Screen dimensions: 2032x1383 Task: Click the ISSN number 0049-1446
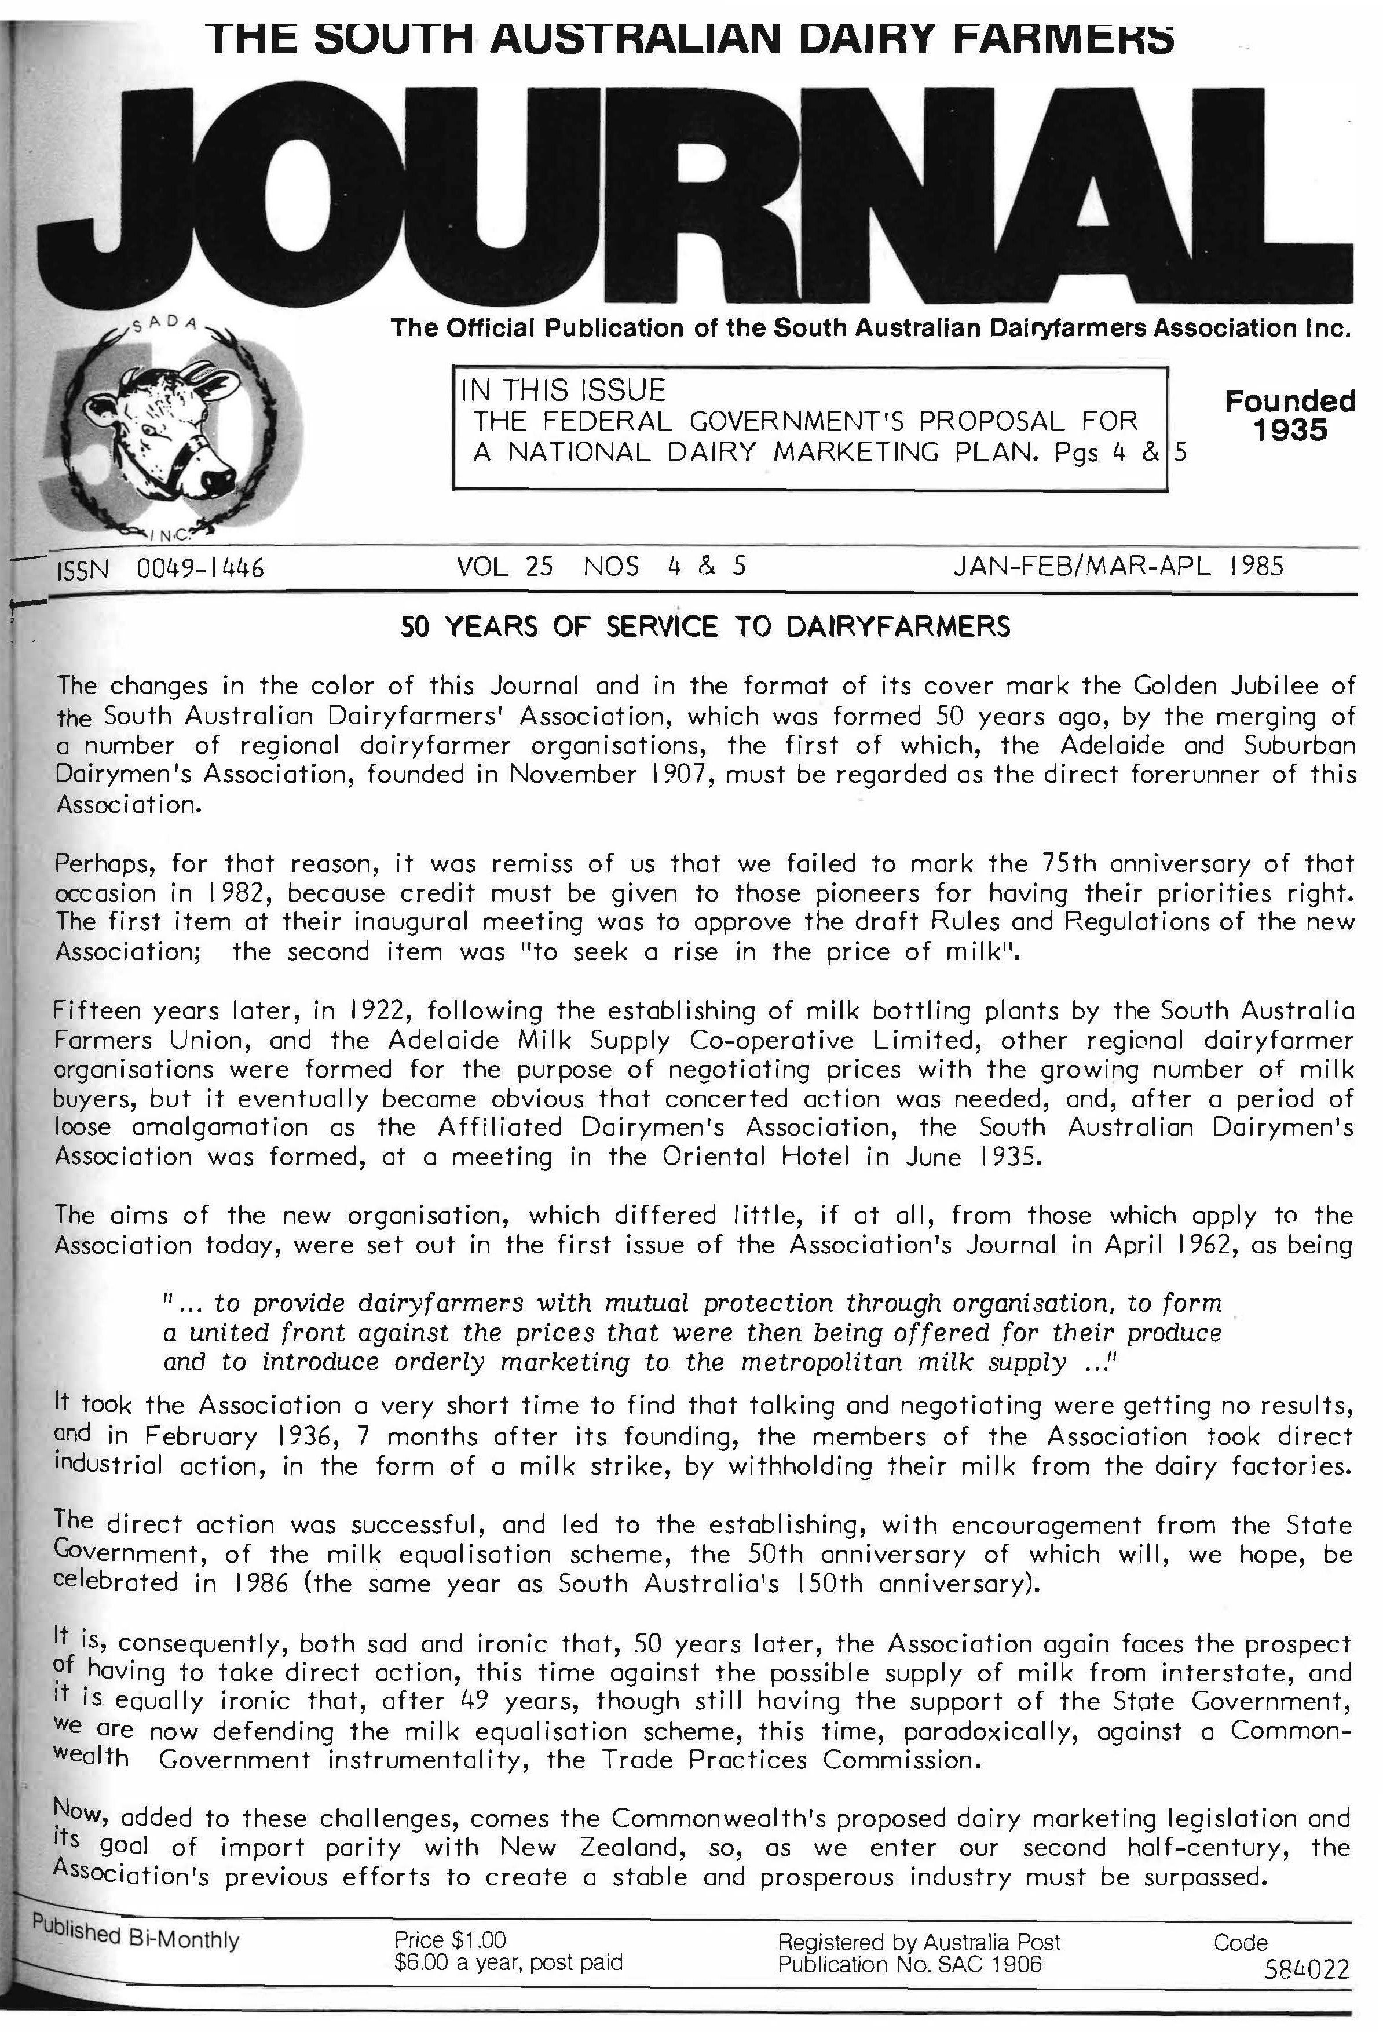click(200, 569)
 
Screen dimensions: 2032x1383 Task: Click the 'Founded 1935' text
click(1289, 415)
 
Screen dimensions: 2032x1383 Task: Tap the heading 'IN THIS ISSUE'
click(564, 390)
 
